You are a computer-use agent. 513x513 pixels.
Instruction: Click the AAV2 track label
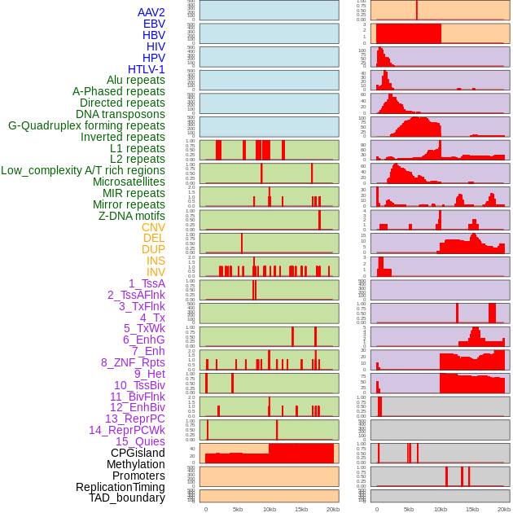151,12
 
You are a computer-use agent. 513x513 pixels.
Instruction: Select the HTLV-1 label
146,69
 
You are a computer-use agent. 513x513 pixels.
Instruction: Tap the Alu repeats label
135,81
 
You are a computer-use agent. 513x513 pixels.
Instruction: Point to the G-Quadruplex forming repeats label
86,126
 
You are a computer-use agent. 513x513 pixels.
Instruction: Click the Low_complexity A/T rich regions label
83,170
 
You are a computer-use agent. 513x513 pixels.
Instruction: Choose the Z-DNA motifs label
131,216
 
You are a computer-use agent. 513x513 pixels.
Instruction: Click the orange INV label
156,272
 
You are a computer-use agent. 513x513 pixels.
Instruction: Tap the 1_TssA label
147,283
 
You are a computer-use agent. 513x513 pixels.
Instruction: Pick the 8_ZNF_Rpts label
133,362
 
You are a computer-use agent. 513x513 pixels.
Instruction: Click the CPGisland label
138,453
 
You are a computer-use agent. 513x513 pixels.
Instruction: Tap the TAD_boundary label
126,498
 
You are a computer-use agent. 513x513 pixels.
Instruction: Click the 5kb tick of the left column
238,509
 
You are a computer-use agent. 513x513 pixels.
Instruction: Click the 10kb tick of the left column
270,509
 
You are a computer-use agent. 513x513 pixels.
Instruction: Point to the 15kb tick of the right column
472,509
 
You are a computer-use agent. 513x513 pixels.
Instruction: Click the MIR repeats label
134,193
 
